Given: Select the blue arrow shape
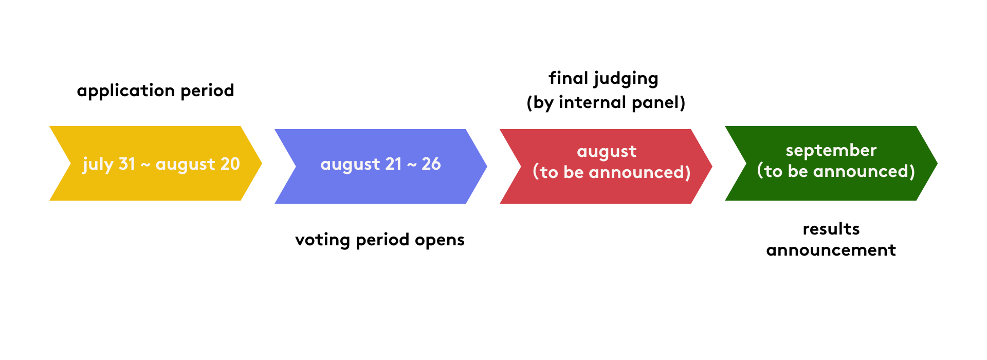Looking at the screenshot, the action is point(381,167).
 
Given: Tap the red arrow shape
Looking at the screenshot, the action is point(606,167).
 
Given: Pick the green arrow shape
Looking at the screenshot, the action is point(831,164).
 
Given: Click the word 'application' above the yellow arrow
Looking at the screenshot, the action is point(126,91).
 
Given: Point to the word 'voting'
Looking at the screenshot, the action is point(323,240).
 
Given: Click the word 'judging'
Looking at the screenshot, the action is point(627,79).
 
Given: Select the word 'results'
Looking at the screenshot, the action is point(831,229).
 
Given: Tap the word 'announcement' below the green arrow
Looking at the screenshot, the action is point(831,250).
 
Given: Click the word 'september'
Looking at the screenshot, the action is point(831,150).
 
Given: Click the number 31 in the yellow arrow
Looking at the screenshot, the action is point(127,164).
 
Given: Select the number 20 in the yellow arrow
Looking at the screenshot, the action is point(230,164).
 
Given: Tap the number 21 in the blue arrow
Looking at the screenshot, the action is point(393,164).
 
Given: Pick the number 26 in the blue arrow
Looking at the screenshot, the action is point(431,164).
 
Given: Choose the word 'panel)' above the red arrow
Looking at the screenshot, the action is point(659,103).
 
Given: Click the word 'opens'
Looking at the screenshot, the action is point(440,241).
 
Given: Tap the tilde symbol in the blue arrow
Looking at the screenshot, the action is point(412,165).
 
